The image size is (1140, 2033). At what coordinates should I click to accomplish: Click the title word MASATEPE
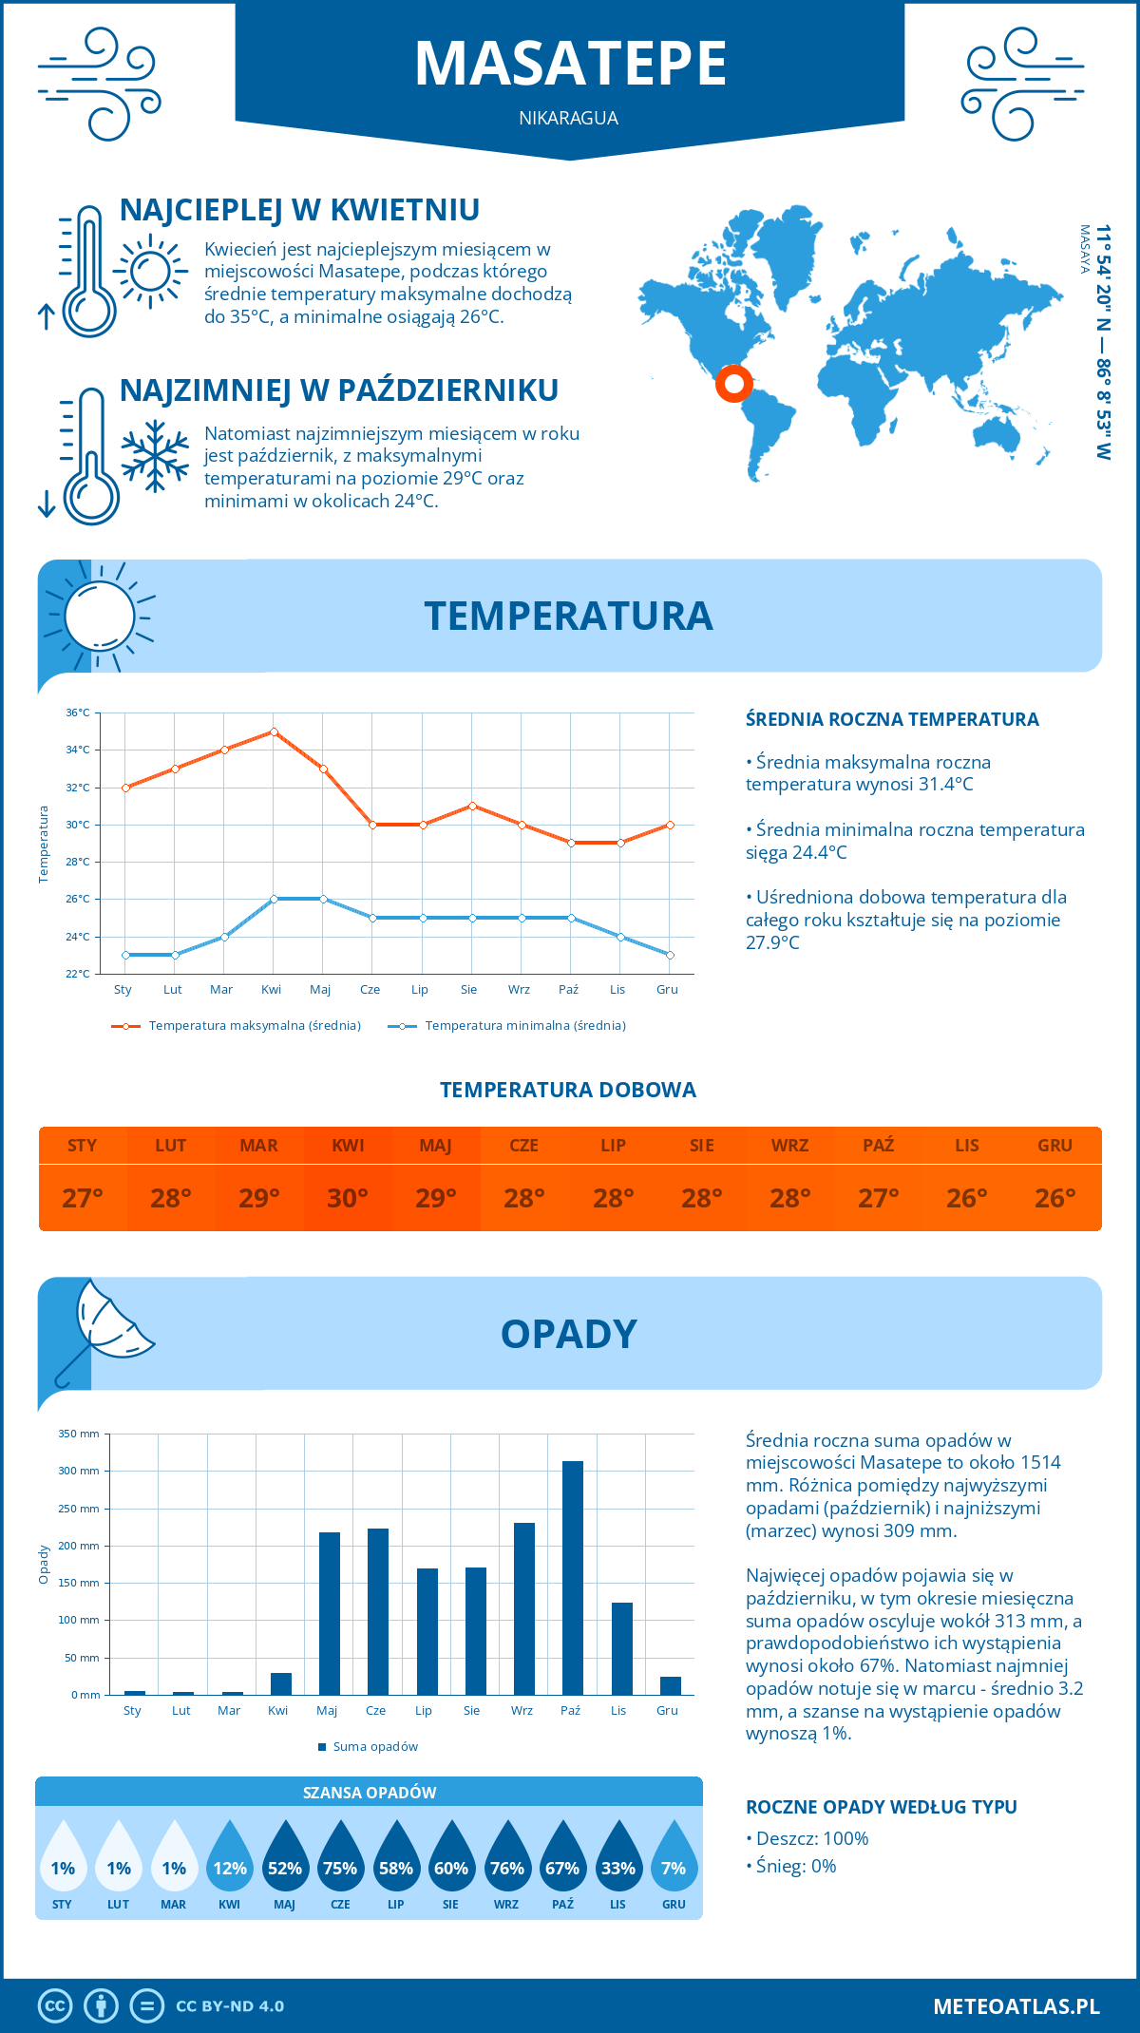[570, 64]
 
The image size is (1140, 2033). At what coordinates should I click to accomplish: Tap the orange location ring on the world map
[733, 384]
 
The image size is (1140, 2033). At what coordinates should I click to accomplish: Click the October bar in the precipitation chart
[572, 1577]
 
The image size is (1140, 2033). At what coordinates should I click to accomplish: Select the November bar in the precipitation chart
[621, 1648]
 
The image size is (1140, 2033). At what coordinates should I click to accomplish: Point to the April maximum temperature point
[274, 731]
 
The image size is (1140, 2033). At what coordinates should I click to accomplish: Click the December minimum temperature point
[670, 955]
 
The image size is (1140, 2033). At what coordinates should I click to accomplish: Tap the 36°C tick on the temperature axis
[78, 712]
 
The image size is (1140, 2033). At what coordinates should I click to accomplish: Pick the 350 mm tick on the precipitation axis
[79, 1434]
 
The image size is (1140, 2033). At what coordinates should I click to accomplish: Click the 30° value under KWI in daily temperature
[348, 1198]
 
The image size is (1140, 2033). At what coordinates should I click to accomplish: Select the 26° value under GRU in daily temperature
[1054, 1198]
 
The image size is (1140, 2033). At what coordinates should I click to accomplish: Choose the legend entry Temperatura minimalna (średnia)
[524, 1026]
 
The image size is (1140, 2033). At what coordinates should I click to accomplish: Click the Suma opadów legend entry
[375, 1746]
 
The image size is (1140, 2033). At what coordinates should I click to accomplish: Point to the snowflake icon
[155, 456]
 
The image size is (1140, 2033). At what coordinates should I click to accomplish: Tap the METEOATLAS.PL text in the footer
[1016, 2006]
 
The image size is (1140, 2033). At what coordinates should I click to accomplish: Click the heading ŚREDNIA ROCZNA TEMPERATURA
[892, 719]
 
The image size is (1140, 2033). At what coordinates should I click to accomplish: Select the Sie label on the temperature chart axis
[469, 989]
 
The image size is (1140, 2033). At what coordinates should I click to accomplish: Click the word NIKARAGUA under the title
[568, 118]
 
